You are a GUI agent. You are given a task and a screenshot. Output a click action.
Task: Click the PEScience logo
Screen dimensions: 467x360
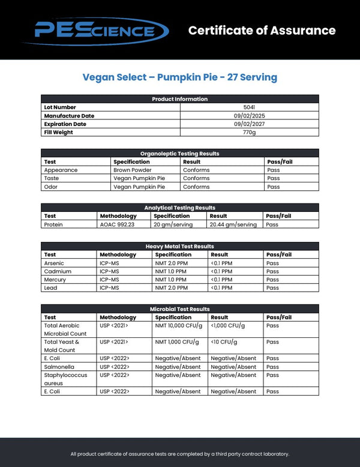pyautogui.click(x=96, y=29)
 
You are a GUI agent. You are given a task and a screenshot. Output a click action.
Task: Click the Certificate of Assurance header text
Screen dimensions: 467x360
pyautogui.click(x=262, y=30)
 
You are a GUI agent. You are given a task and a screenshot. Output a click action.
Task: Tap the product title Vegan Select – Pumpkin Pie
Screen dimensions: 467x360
pyautogui.click(x=179, y=77)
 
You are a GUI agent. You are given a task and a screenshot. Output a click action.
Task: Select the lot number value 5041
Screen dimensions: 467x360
pyautogui.click(x=249, y=107)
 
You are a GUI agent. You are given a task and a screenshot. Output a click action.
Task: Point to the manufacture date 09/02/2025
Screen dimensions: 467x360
pyautogui.click(x=249, y=116)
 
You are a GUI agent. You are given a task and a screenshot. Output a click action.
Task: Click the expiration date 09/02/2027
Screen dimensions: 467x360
pyautogui.click(x=249, y=124)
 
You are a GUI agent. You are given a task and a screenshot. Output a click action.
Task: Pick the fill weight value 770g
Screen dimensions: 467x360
pyautogui.click(x=249, y=133)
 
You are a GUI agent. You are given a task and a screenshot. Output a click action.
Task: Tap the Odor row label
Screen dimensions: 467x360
pyautogui.click(x=50, y=187)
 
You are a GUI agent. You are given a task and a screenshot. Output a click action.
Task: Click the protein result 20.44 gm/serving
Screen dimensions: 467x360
pyautogui.click(x=233, y=225)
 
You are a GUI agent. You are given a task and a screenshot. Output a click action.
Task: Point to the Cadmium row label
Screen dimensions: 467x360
pyautogui.click(x=54, y=272)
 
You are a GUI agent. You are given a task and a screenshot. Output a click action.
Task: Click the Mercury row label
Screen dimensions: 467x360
pyautogui.click(x=53, y=280)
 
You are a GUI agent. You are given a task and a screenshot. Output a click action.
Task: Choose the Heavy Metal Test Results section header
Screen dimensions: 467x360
pyautogui.click(x=179, y=247)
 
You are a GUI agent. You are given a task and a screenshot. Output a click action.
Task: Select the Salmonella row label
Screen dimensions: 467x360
pyautogui.click(x=58, y=367)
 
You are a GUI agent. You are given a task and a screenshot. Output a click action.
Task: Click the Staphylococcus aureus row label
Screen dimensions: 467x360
pyautogui.click(x=65, y=379)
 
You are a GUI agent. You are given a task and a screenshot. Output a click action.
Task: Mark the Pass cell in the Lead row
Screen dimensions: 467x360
pyautogui.click(x=272, y=288)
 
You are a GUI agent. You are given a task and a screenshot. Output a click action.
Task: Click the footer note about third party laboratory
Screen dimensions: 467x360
pyautogui.click(x=179, y=454)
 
